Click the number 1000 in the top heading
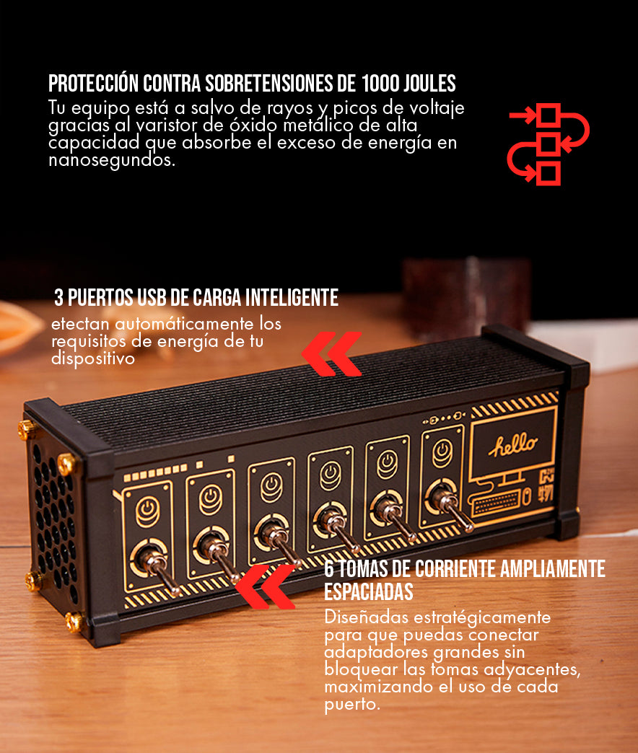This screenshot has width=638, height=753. click(380, 84)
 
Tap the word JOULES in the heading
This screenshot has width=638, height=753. click(429, 84)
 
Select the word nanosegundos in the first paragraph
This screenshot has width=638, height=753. click(111, 160)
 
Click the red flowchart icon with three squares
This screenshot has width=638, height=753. click(549, 144)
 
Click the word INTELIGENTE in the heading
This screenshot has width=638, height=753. click(292, 298)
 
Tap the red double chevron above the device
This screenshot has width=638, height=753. click(331, 353)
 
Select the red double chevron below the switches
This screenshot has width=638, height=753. click(266, 586)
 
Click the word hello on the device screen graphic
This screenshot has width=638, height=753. click(513, 444)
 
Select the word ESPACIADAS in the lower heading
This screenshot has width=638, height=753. click(369, 591)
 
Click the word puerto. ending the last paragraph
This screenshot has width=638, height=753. click(352, 705)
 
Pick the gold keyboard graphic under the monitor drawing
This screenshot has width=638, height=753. click(496, 503)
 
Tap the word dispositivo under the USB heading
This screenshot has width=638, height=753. click(93, 358)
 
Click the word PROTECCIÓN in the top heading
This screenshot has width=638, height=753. click(93, 84)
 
